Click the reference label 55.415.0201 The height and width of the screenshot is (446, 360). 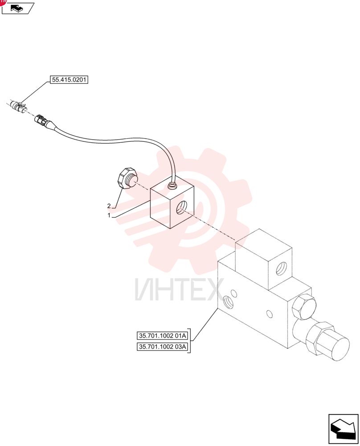[69, 80]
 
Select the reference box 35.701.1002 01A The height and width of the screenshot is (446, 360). [162, 336]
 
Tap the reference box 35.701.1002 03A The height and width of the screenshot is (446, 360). [162, 347]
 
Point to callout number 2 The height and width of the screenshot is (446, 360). [109, 206]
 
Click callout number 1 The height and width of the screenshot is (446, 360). [109, 215]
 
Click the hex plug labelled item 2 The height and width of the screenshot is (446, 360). [127, 178]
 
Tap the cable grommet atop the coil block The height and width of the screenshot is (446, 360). [172, 186]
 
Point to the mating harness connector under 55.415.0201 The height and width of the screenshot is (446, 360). [18, 106]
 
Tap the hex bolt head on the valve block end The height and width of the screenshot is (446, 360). [303, 308]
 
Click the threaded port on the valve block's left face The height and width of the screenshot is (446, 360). [229, 303]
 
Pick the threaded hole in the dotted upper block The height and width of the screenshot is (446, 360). [281, 268]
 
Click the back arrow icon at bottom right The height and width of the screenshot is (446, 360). [343, 429]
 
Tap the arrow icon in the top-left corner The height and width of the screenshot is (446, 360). [18, 8]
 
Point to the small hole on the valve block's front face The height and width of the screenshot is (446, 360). [270, 314]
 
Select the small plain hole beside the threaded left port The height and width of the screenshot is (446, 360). [234, 293]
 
